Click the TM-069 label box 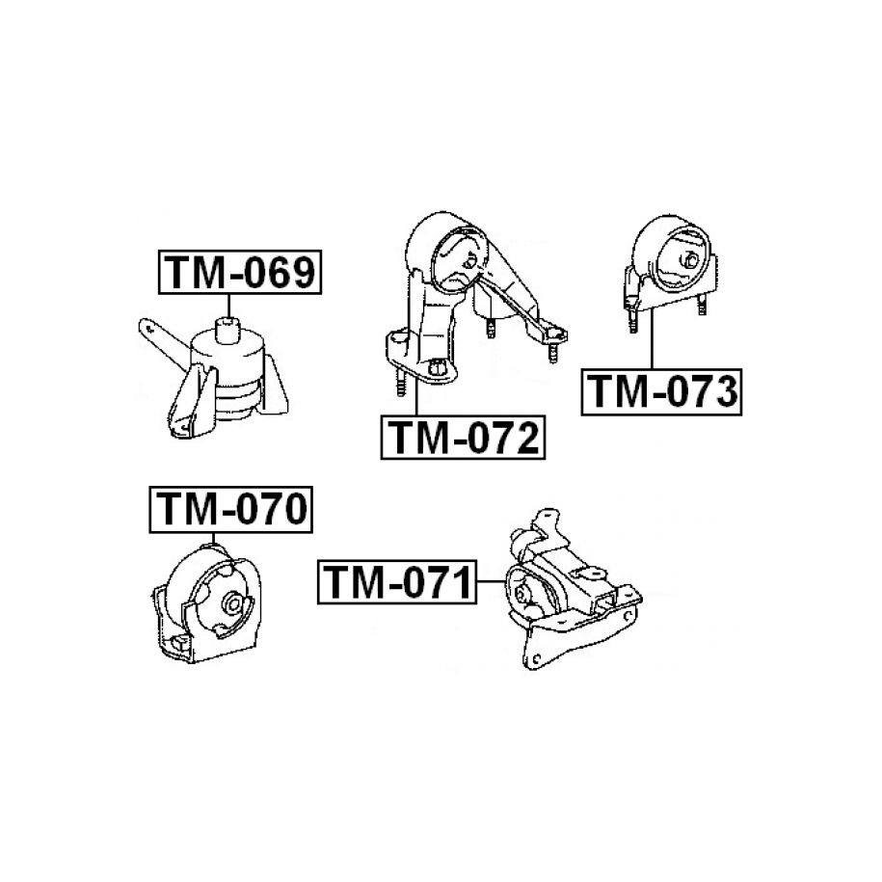[240, 274]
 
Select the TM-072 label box [463, 439]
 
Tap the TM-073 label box [661, 392]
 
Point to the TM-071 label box [398, 582]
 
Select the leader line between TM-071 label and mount [491, 582]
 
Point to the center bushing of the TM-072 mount [465, 258]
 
